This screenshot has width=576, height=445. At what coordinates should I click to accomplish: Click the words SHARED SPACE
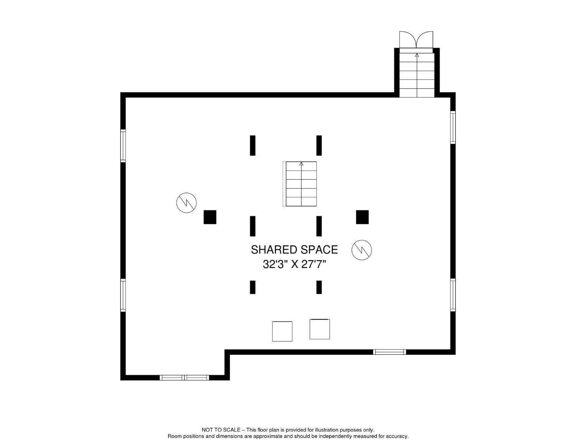pyautogui.click(x=294, y=250)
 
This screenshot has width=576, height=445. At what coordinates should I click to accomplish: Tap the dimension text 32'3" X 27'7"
pyautogui.click(x=294, y=264)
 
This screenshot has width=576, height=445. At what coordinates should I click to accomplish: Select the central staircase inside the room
pyautogui.click(x=301, y=184)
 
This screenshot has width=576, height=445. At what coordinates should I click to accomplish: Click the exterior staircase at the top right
pyautogui.click(x=417, y=75)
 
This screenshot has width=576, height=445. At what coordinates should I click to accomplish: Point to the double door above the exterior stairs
pyautogui.click(x=416, y=40)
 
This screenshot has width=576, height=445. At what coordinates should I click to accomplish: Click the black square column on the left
pyautogui.click(x=210, y=217)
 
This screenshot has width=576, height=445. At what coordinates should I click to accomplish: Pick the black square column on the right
pyautogui.click(x=362, y=217)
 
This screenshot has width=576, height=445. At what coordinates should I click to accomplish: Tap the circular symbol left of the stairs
pyautogui.click(x=186, y=202)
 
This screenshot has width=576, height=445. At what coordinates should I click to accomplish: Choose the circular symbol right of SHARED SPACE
pyautogui.click(x=362, y=250)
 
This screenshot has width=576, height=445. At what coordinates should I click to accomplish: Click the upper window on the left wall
pyautogui.click(x=123, y=146)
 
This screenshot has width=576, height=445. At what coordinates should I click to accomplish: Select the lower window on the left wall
pyautogui.click(x=123, y=295)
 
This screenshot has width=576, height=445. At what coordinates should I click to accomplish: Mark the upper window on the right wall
pyautogui.click(x=453, y=127)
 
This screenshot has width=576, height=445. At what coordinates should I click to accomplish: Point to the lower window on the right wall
pyautogui.click(x=453, y=295)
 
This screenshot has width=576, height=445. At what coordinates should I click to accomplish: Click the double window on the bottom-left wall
pyautogui.click(x=184, y=378)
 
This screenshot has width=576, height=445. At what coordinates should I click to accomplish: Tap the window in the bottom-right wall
pyautogui.click(x=389, y=352)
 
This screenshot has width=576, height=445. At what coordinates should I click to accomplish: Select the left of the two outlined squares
pyautogui.click(x=282, y=331)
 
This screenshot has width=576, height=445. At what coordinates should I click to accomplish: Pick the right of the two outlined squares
pyautogui.click(x=319, y=329)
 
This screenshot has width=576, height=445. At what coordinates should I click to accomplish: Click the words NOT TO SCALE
pyautogui.click(x=221, y=430)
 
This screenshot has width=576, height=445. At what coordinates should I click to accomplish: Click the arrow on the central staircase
pyautogui.click(x=301, y=164)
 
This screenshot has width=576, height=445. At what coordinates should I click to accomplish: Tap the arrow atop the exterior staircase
pyautogui.click(x=417, y=55)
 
